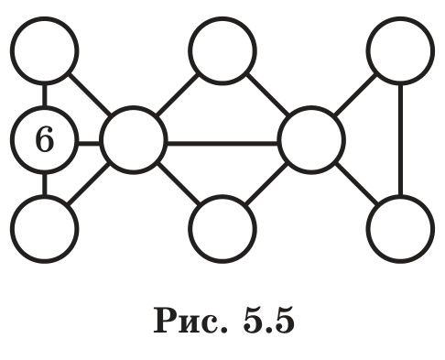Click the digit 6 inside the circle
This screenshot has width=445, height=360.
[45, 139]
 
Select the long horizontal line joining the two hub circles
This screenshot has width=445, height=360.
[222, 143]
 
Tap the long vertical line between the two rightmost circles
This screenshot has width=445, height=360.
[400, 140]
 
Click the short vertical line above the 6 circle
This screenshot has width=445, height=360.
[45, 95]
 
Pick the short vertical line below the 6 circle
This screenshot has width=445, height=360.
[45, 184]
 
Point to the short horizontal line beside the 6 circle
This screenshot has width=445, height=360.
[89, 143]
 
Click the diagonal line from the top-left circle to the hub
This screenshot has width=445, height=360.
[90, 94]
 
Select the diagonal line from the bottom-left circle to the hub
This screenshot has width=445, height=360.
[89, 184]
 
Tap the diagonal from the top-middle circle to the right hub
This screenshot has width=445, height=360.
[267, 94]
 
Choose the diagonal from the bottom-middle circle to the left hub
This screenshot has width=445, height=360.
[178, 184]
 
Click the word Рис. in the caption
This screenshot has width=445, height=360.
[190, 321]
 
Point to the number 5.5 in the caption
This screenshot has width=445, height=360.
[268, 321]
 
